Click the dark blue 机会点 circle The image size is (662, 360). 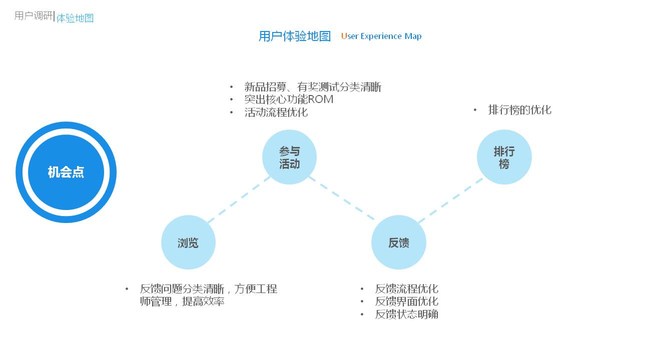pos(66,172)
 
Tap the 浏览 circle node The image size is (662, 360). pos(188,242)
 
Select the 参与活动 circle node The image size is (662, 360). pos(289,157)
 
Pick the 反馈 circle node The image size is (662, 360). pos(399,242)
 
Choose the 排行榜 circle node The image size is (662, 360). pos(504,157)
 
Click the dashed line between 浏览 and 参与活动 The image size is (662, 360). pos(239,199)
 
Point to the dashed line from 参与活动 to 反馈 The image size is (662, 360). pos(342,198)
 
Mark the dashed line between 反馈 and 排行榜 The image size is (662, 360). pos(451,200)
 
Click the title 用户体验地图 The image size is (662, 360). pos(295,36)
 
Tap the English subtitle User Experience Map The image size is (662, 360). pos(381,36)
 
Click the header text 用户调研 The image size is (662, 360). pos(34,15)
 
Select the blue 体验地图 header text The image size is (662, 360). pos(75,18)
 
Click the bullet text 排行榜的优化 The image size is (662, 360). pos(519,110)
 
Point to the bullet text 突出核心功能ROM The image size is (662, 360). pos(289,99)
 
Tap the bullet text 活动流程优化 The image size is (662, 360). pos(276,112)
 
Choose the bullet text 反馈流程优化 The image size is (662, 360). pos(407,289)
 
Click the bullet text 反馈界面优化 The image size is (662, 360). pos(407,301)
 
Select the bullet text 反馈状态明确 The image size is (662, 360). pos(407,314)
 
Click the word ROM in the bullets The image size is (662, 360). pos(321,99)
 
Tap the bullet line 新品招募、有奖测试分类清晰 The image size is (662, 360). pos(313,87)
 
